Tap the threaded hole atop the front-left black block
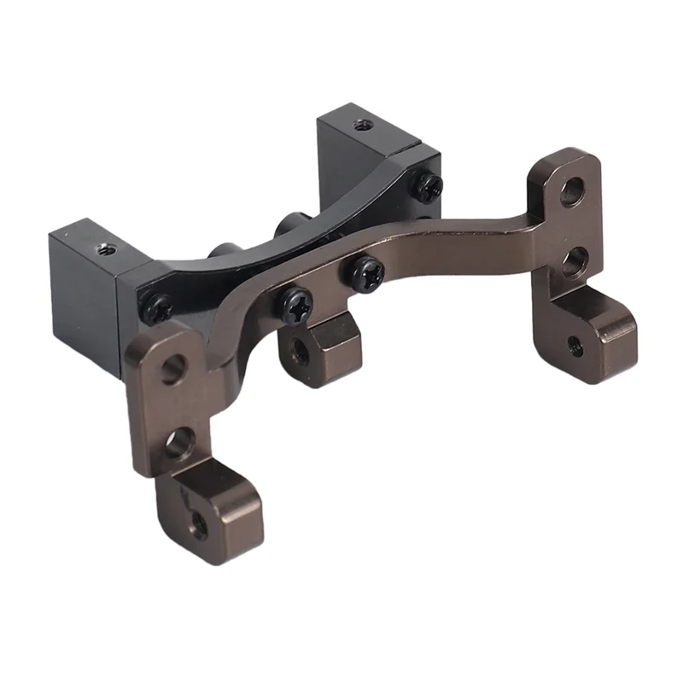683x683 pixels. [x=105, y=249]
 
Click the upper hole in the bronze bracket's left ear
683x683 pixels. [x=172, y=368]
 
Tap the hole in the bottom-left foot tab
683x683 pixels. [x=198, y=523]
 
